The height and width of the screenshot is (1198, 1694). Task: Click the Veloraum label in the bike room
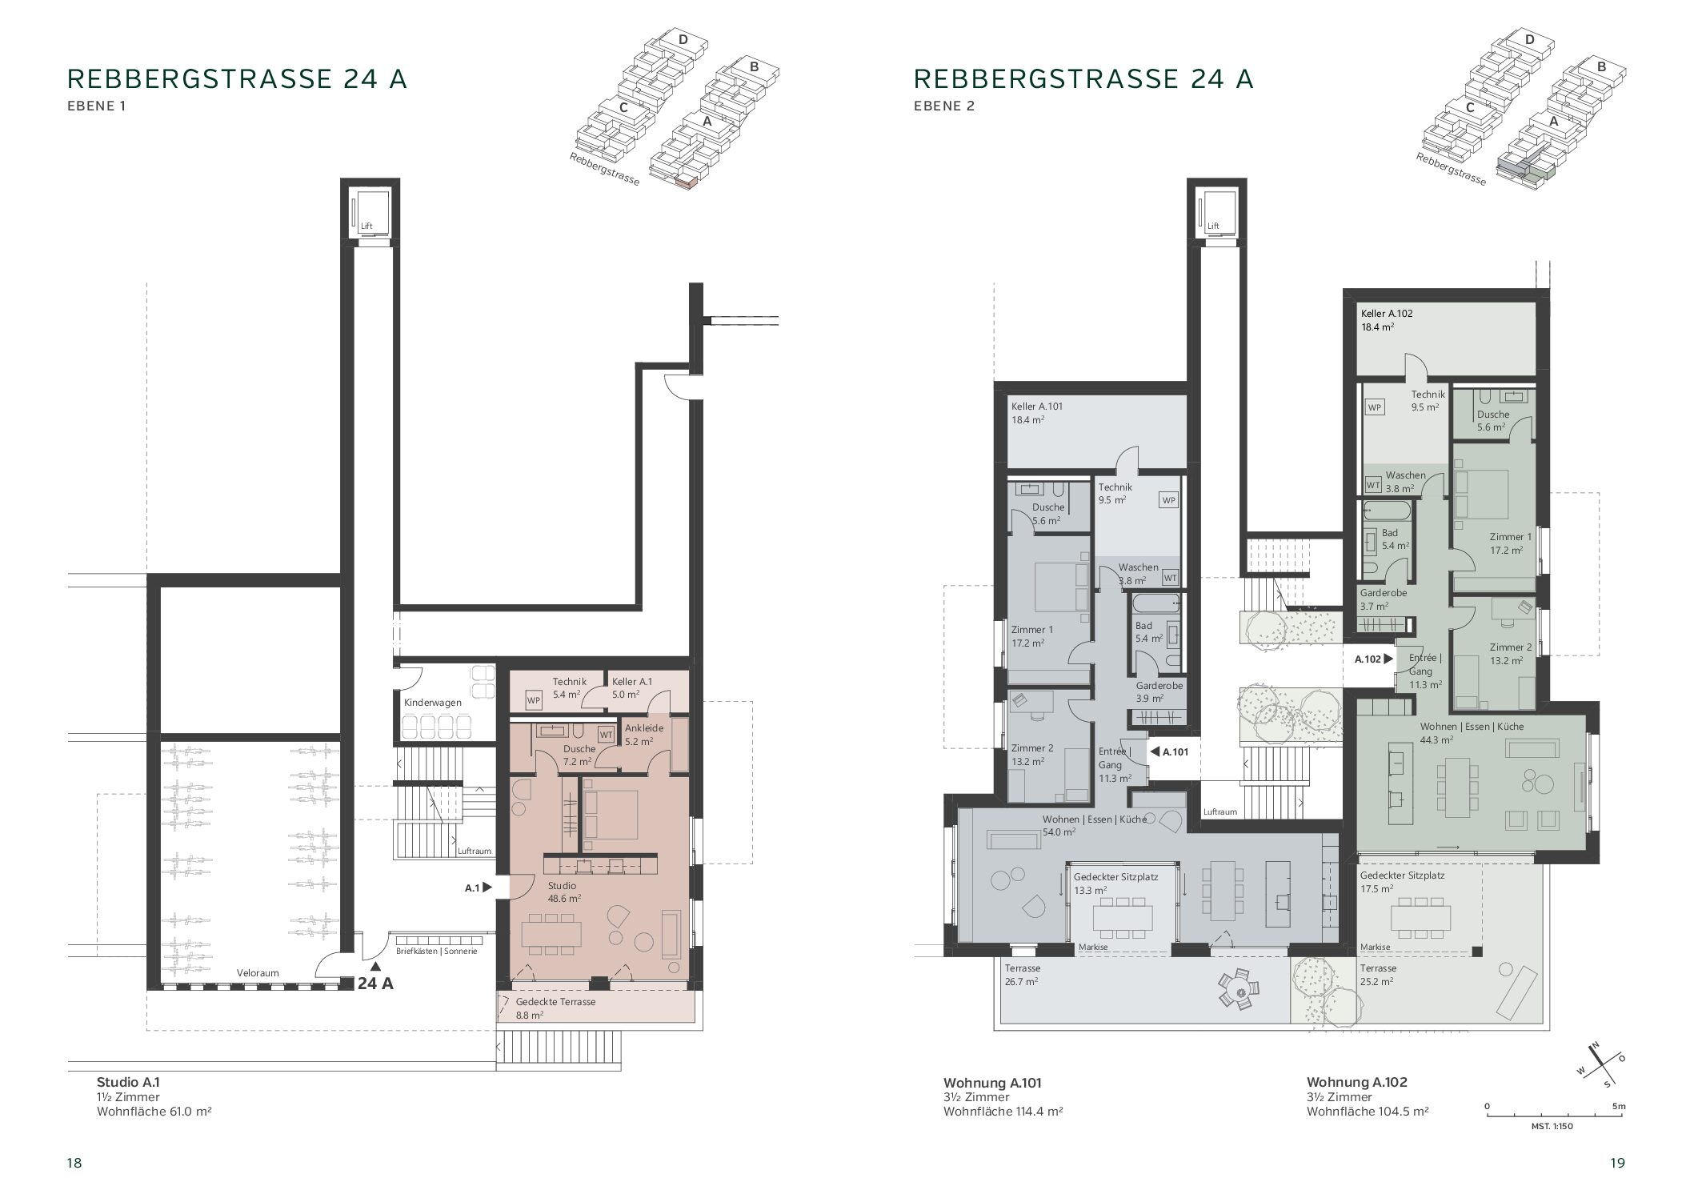[258, 972]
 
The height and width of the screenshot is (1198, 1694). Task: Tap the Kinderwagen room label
[432, 702]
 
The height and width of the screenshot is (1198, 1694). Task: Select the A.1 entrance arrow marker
[478, 887]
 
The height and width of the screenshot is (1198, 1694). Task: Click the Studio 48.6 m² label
[564, 891]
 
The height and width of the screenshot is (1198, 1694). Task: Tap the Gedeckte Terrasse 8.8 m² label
[555, 1008]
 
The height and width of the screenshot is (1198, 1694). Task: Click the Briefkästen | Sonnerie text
[436, 951]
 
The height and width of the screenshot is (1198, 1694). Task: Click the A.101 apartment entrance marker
[1169, 751]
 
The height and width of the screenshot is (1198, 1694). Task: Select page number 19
[1617, 1163]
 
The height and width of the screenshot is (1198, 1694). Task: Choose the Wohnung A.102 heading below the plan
[1357, 1082]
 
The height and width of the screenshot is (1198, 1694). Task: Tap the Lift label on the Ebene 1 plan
[366, 226]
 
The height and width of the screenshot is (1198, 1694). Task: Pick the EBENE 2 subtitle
[944, 105]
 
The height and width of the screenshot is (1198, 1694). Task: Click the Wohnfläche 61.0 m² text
[154, 1111]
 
